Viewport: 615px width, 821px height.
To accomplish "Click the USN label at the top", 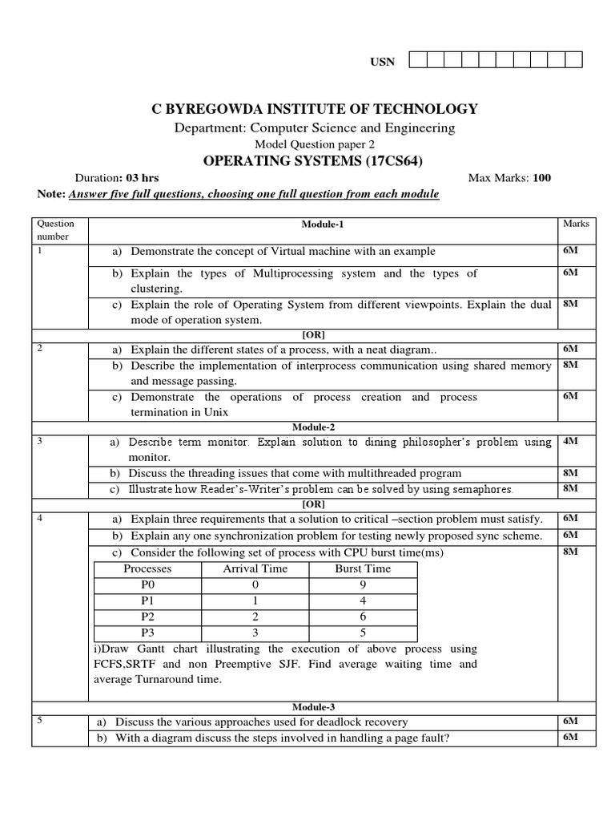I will [x=382, y=62].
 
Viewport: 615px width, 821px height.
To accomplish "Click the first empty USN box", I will [x=418, y=60].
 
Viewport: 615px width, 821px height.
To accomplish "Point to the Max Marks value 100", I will [x=541, y=178].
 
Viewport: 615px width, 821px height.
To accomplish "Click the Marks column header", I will [x=576, y=224].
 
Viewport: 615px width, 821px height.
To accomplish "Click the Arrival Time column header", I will [x=255, y=568].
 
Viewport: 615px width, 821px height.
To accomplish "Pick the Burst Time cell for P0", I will [x=363, y=584].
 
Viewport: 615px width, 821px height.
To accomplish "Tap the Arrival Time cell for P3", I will [x=255, y=632].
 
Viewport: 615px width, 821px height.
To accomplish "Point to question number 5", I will [x=39, y=721].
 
